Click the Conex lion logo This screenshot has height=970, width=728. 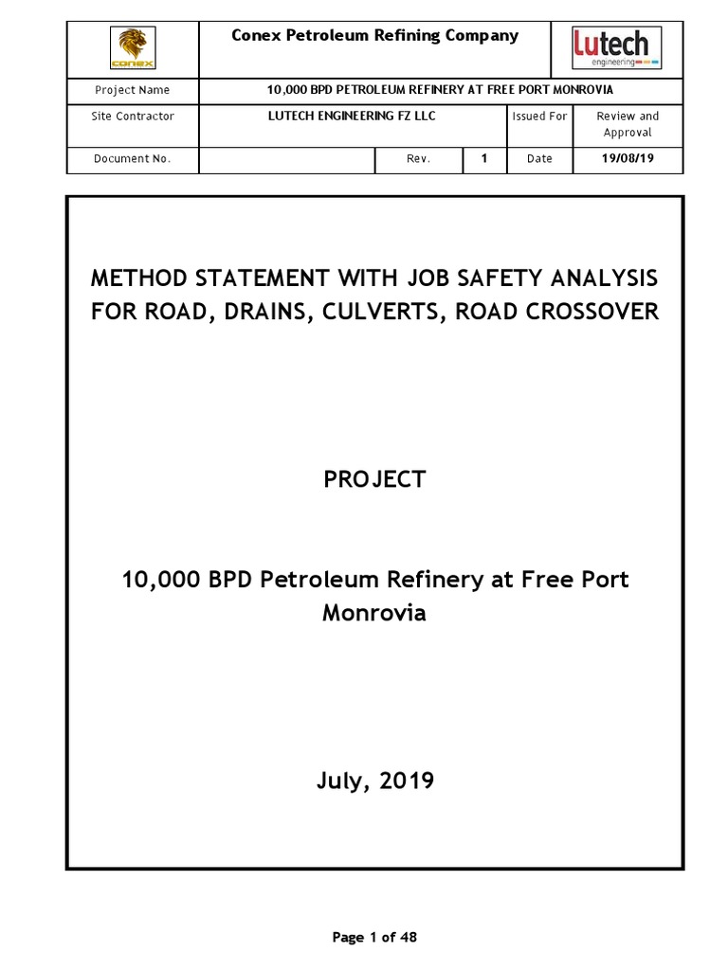click(133, 48)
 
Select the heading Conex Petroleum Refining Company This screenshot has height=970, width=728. click(375, 36)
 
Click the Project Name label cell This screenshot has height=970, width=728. click(133, 90)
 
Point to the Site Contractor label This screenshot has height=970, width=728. click(134, 117)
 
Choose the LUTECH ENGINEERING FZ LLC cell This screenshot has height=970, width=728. click(352, 117)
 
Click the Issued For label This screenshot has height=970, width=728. click(539, 117)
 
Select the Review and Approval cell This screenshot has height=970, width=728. click(627, 124)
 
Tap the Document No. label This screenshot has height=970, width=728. click(133, 159)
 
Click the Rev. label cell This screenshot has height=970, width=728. click(419, 159)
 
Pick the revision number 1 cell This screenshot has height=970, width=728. click(484, 159)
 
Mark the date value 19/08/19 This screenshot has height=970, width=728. click(628, 159)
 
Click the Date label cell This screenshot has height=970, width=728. click(539, 159)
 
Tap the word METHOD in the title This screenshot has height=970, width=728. click(138, 279)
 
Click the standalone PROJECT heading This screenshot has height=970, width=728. click(374, 480)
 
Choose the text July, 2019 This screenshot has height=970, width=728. click(374, 781)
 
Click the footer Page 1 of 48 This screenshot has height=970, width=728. click(374, 938)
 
